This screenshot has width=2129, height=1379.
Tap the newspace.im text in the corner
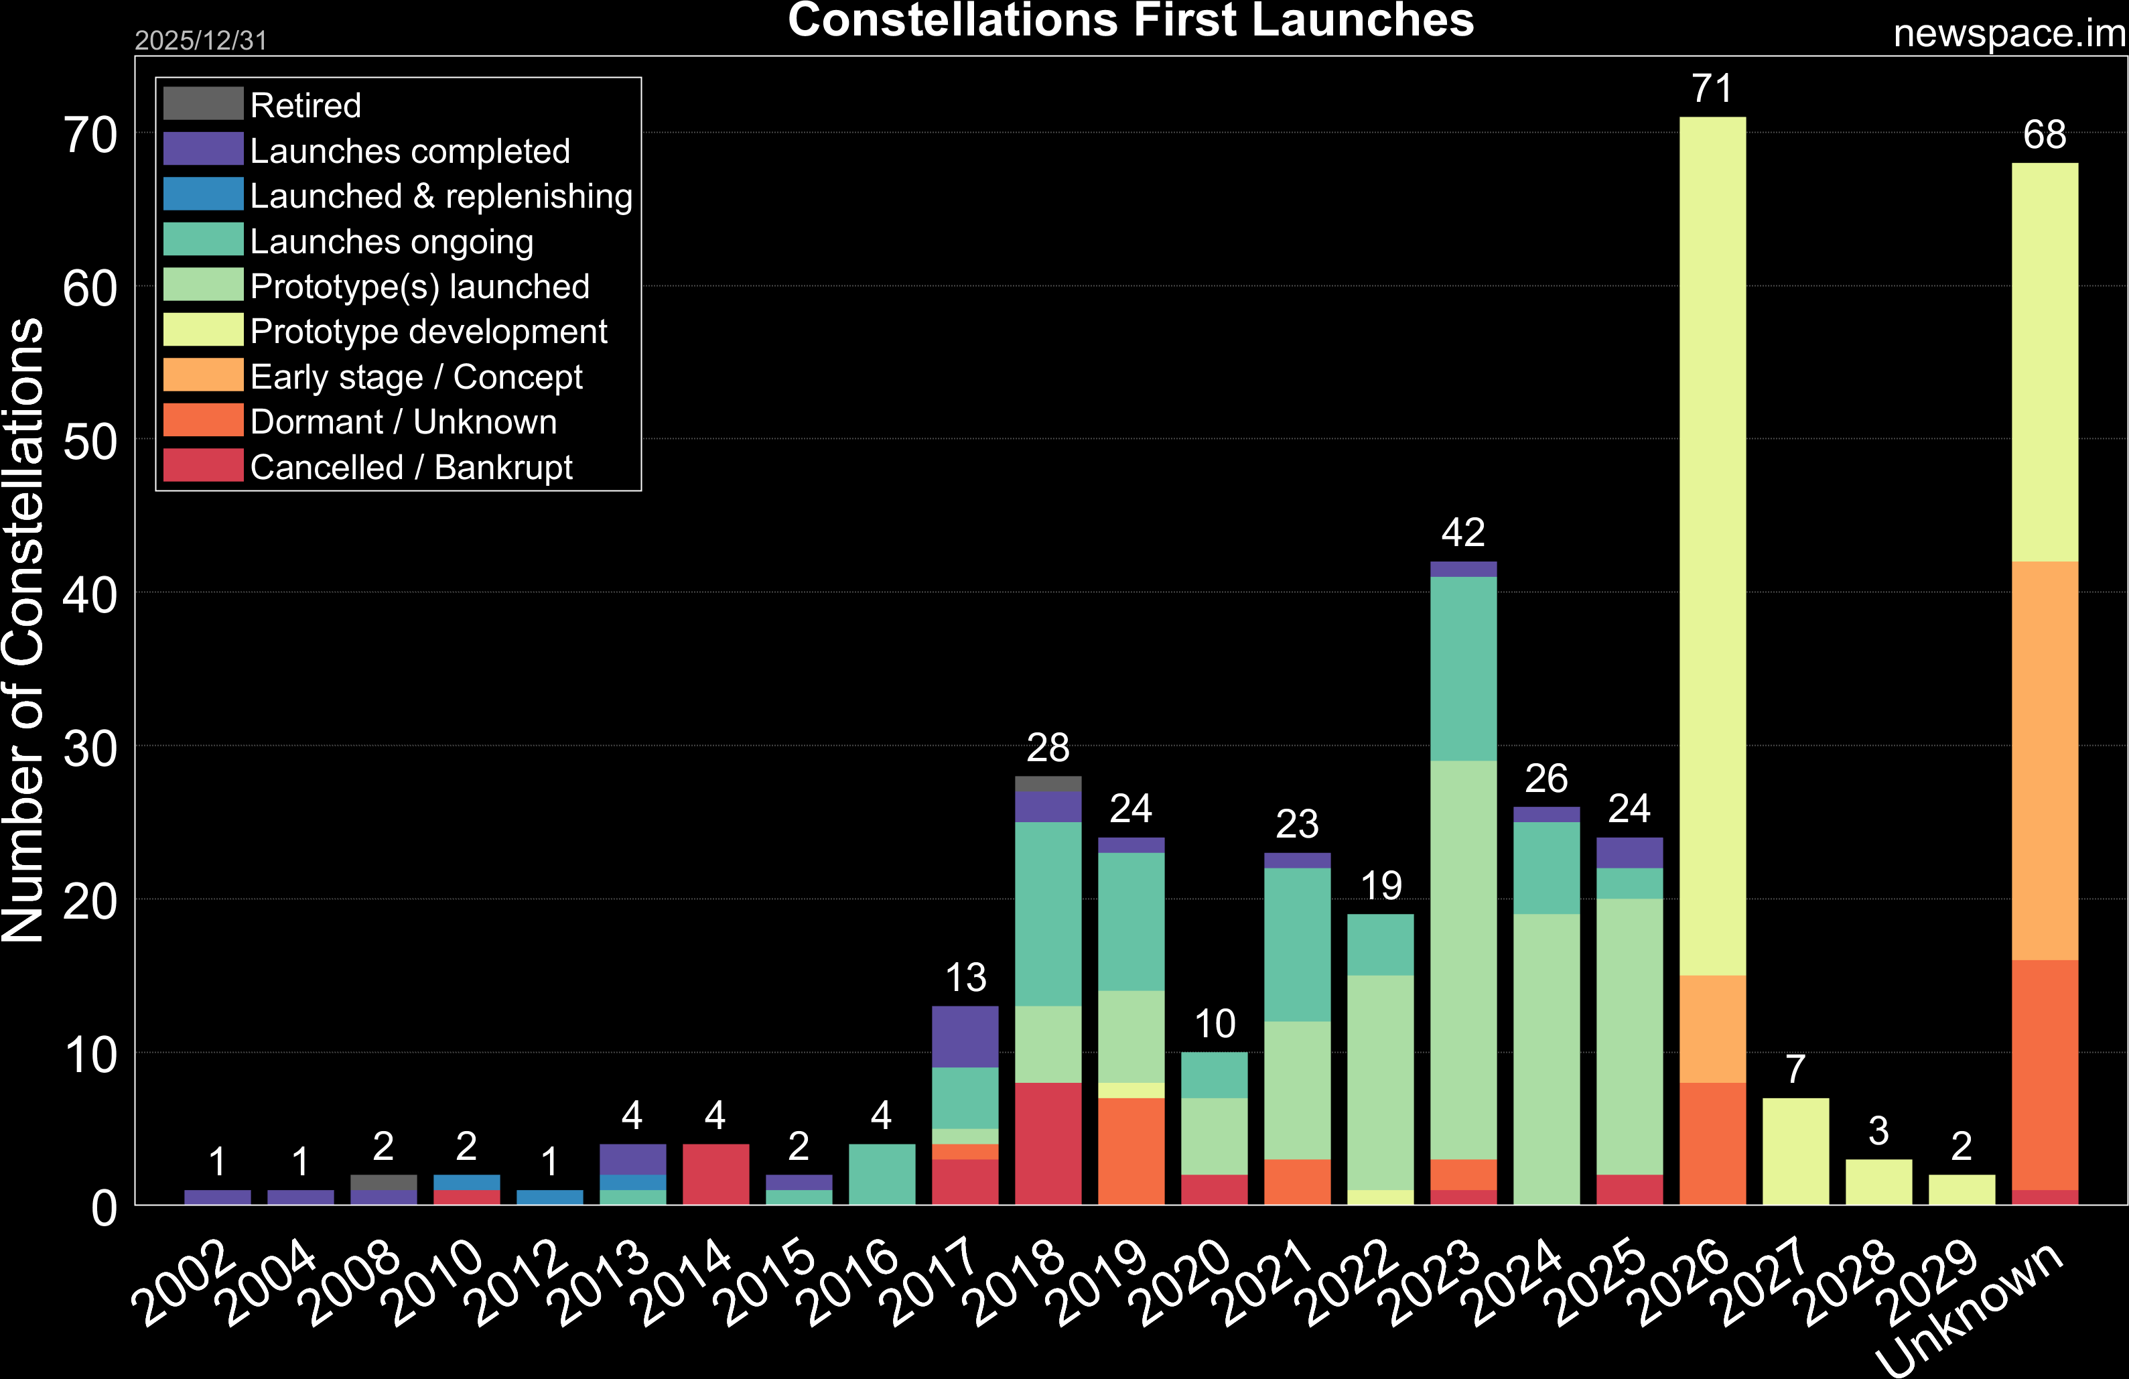(2009, 34)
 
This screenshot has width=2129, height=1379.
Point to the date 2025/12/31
(200, 40)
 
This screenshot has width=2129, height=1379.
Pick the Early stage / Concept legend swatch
(203, 375)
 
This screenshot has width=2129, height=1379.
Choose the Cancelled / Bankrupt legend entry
(411, 467)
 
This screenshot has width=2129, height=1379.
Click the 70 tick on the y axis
(90, 136)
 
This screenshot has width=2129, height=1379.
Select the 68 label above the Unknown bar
(2044, 135)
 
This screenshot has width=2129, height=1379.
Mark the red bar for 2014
(715, 1174)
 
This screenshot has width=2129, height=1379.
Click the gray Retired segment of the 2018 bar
(1048, 784)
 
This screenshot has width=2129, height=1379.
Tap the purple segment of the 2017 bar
(965, 1037)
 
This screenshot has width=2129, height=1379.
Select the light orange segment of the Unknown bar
(2044, 761)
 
